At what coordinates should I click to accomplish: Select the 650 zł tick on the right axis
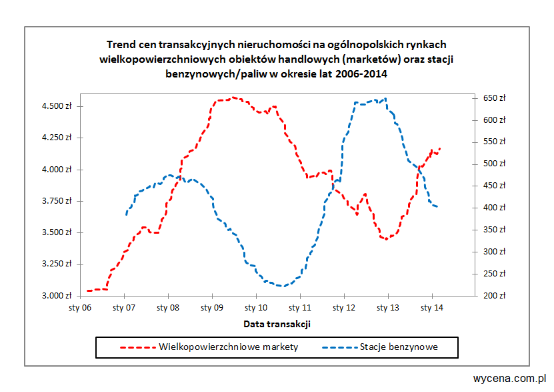pyautogui.click(x=494, y=98)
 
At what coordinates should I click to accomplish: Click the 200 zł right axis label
pyautogui.click(x=494, y=295)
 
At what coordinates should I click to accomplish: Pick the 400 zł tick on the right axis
pyautogui.click(x=494, y=208)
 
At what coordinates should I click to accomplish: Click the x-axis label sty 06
pyautogui.click(x=81, y=309)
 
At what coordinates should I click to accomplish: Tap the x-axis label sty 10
pyautogui.click(x=256, y=309)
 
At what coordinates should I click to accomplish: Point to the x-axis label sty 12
pyautogui.click(x=344, y=309)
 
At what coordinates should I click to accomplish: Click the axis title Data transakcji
pyautogui.click(x=277, y=324)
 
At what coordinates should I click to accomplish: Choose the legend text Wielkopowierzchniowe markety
pyautogui.click(x=229, y=347)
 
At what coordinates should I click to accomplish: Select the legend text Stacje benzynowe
pyautogui.click(x=399, y=347)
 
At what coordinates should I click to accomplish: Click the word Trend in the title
pyautogui.click(x=120, y=45)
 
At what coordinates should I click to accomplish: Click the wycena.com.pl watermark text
pyautogui.click(x=510, y=378)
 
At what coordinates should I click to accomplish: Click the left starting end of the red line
pyautogui.click(x=87, y=290)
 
